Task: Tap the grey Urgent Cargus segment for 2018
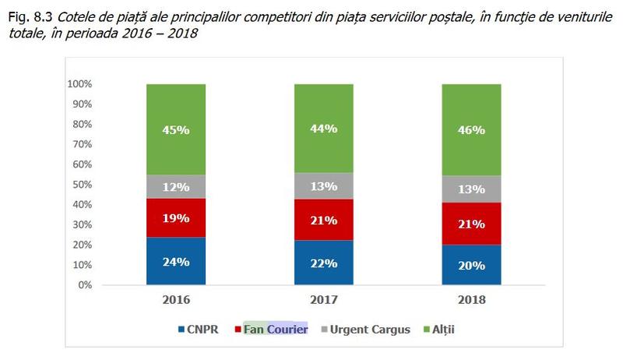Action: tap(471, 189)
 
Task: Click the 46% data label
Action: tap(471, 130)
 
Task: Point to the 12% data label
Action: tap(175, 187)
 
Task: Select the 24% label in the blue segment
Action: tap(175, 262)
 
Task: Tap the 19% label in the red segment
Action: tap(175, 219)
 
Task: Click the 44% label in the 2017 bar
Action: tap(323, 129)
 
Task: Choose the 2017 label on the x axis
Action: tap(323, 299)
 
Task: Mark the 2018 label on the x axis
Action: tap(471, 299)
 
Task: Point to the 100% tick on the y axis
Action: tap(80, 84)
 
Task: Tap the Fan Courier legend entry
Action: tap(276, 330)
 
